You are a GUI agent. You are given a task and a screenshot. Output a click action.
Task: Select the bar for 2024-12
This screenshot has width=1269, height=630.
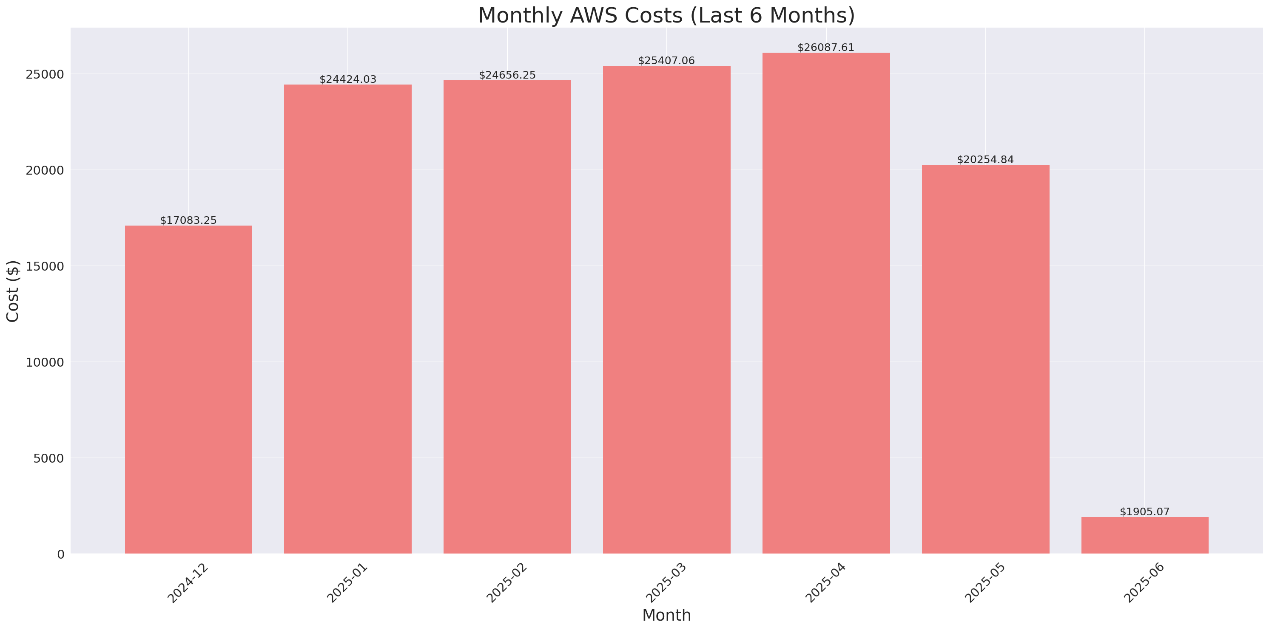tap(188, 389)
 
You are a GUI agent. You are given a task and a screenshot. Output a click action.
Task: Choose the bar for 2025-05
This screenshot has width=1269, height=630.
tap(985, 359)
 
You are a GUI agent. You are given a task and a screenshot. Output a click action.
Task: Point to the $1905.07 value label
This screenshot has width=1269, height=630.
tap(1144, 512)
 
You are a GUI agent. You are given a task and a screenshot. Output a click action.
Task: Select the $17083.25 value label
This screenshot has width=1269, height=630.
tap(188, 220)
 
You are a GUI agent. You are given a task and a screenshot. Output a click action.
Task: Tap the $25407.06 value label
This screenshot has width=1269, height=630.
tap(666, 61)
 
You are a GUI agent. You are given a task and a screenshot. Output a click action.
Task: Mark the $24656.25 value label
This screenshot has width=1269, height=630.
tap(507, 75)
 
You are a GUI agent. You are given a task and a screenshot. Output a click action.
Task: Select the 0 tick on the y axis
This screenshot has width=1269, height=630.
tap(60, 555)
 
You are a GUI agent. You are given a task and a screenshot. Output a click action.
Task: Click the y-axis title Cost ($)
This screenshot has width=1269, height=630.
tap(13, 291)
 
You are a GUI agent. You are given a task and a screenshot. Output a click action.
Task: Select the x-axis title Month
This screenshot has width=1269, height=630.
tap(666, 615)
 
